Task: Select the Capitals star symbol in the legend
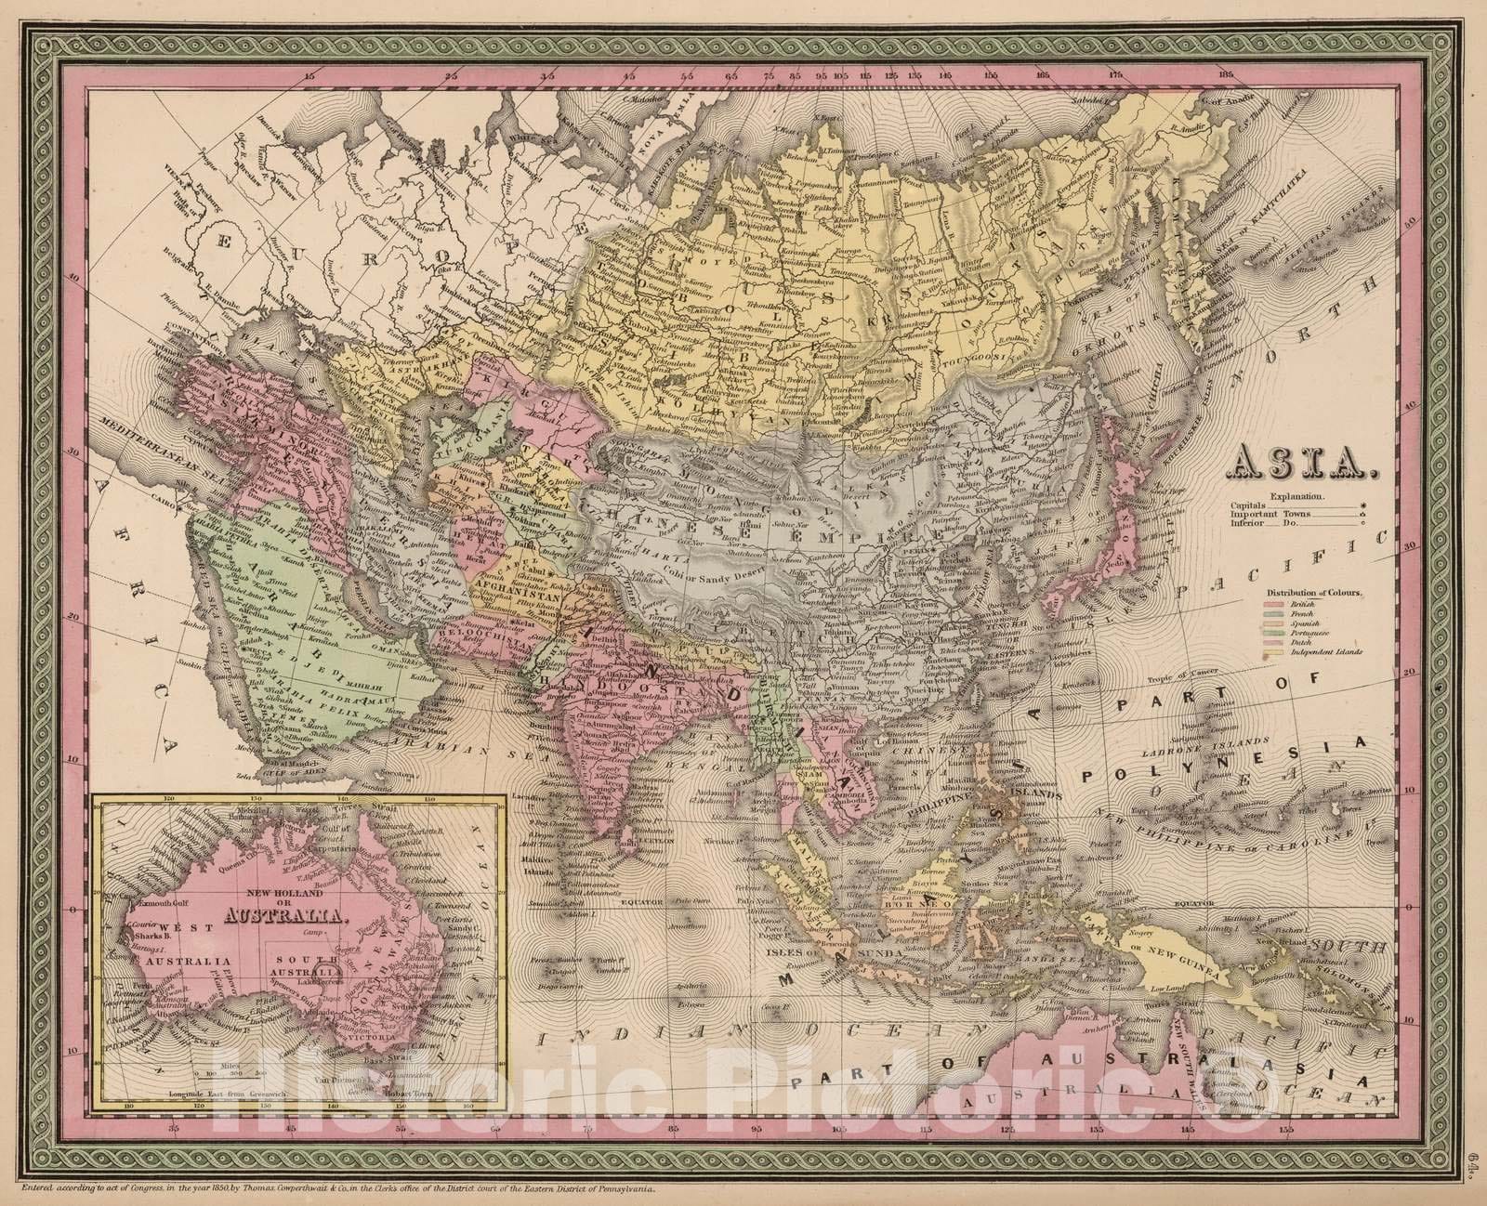click(x=1362, y=510)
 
